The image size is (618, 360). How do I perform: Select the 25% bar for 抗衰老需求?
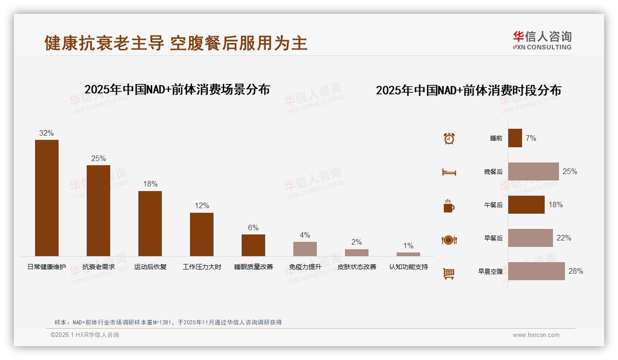click(98, 210)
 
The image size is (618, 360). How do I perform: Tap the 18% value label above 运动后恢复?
click(150, 184)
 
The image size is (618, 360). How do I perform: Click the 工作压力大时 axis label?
click(202, 267)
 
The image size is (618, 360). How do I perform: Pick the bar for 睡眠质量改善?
click(253, 245)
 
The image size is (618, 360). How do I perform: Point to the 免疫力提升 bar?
click(305, 249)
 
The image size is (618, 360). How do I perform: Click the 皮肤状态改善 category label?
click(357, 267)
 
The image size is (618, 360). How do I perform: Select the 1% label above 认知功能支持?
click(408, 246)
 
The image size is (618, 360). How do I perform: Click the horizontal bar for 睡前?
click(515, 138)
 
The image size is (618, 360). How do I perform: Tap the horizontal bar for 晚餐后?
click(533, 171)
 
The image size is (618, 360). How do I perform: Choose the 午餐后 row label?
click(493, 205)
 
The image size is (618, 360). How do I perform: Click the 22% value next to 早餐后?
click(564, 238)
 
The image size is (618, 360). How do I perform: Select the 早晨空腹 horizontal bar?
click(536, 271)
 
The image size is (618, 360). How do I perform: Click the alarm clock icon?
click(449, 138)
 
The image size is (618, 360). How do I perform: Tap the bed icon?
click(449, 172)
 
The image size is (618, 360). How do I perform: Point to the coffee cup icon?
click(449, 206)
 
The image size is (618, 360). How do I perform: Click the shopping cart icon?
click(449, 273)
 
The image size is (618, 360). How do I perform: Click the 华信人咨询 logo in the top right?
click(542, 40)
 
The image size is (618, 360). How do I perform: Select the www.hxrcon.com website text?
click(536, 335)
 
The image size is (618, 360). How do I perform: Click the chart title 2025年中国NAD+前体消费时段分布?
click(469, 90)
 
